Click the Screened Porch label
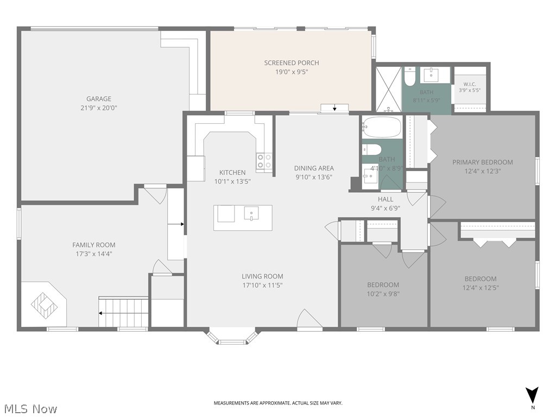point(292,63)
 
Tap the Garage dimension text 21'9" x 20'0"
point(99,108)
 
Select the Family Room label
point(93,245)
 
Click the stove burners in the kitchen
point(264,161)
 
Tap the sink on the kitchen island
point(251,213)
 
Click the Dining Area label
point(314,168)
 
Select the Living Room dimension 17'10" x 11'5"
point(262,285)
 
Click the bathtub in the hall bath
point(382,127)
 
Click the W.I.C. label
point(470,84)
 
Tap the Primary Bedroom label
point(483,162)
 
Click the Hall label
point(386,199)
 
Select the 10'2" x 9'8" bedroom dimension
point(383,294)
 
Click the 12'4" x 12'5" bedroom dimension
point(481,288)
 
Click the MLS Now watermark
point(29,408)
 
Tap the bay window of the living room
point(232,338)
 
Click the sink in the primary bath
point(430,75)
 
